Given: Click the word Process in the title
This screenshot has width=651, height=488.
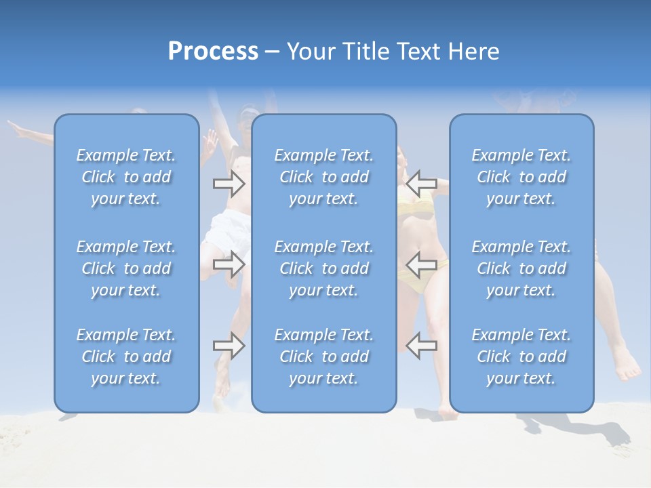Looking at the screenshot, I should click(x=213, y=52).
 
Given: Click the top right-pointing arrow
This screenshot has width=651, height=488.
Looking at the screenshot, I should click(x=229, y=183).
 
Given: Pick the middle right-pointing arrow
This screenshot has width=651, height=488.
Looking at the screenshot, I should click(x=229, y=264).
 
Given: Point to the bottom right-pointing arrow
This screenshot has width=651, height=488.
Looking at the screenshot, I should click(x=229, y=346).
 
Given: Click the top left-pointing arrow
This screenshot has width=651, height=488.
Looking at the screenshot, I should click(x=421, y=183).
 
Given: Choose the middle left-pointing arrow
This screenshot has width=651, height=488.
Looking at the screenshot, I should click(x=421, y=264).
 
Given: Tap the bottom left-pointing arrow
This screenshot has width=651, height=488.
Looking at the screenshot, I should click(x=421, y=346).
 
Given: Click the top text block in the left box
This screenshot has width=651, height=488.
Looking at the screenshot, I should click(x=126, y=177).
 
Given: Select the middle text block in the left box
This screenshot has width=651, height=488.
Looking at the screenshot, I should click(x=126, y=268).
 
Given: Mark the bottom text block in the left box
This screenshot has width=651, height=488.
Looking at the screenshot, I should click(x=126, y=357).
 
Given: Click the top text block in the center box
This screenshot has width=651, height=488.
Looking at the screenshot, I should click(x=323, y=177).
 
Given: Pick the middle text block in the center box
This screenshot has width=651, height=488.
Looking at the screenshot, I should click(x=323, y=268).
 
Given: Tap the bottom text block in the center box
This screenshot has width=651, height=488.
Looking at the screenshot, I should click(x=323, y=357).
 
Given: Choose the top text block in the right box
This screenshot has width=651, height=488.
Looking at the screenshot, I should click(x=521, y=177).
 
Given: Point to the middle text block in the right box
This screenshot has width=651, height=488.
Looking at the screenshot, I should click(x=521, y=268).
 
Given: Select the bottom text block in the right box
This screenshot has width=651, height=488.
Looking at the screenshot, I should click(x=521, y=357).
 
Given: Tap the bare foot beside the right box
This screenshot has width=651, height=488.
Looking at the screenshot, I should click(x=627, y=369).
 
